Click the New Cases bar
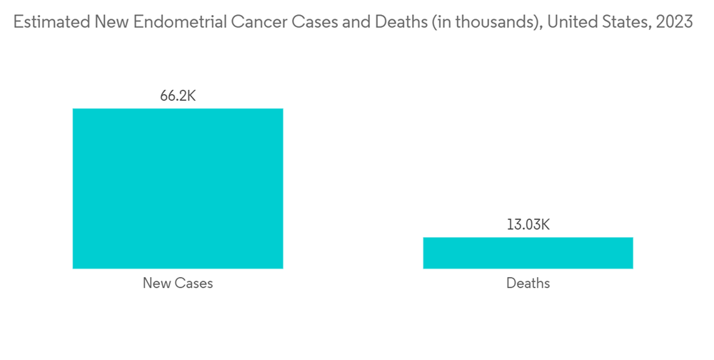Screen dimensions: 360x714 178,189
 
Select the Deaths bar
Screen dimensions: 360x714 528,253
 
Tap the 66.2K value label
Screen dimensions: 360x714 178,96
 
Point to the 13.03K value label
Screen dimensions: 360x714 528,225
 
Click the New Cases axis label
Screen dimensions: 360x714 178,283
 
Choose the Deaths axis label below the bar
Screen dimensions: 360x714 528,283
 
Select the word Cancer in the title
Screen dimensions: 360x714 253,21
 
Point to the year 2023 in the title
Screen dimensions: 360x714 674,21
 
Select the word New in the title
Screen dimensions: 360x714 104,21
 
